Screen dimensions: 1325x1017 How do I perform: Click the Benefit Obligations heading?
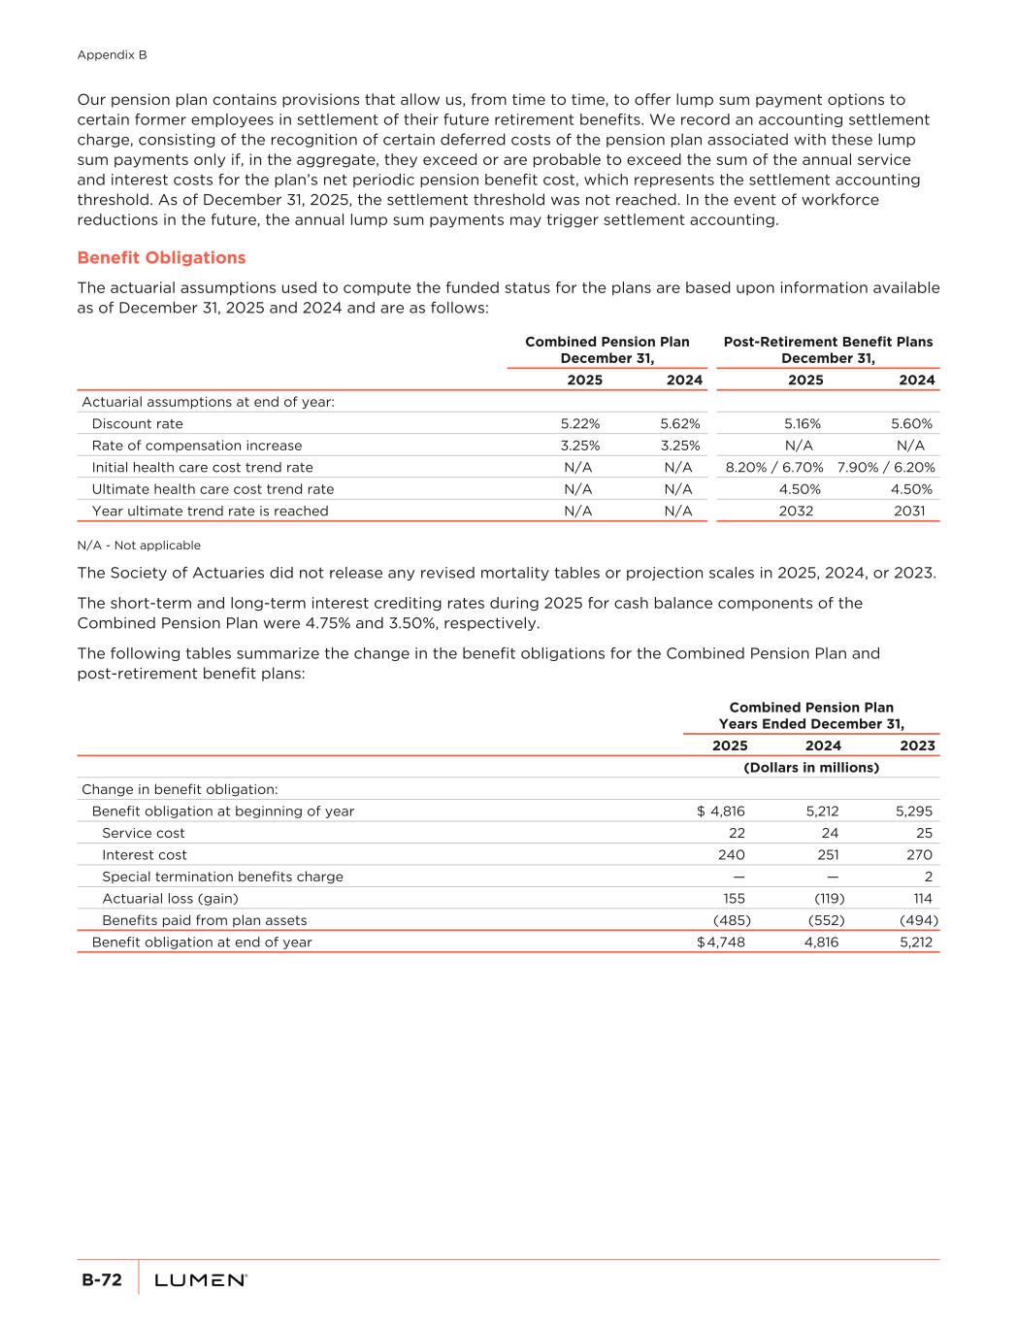pos(161,258)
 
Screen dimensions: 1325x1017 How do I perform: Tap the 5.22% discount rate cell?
pos(579,424)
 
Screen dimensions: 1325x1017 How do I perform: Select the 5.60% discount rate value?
pos(911,424)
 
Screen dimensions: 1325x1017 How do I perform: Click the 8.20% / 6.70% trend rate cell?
pos(774,468)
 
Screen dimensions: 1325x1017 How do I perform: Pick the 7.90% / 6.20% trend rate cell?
pos(886,468)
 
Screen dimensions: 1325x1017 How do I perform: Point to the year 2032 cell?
pos(796,512)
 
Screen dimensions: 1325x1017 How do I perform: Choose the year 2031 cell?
pos(907,512)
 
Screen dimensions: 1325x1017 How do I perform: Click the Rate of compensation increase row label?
pos(196,446)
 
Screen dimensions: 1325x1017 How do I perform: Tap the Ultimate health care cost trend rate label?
pos(213,489)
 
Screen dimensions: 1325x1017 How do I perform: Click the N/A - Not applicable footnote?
pos(139,546)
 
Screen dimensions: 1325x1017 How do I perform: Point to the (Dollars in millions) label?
pos(810,768)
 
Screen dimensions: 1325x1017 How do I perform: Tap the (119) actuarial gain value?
pos(829,899)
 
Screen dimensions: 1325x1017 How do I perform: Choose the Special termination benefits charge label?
pos(222,877)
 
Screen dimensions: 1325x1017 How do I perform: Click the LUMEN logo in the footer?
pos(201,1281)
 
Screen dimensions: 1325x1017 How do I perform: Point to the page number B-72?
pos(101,1281)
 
